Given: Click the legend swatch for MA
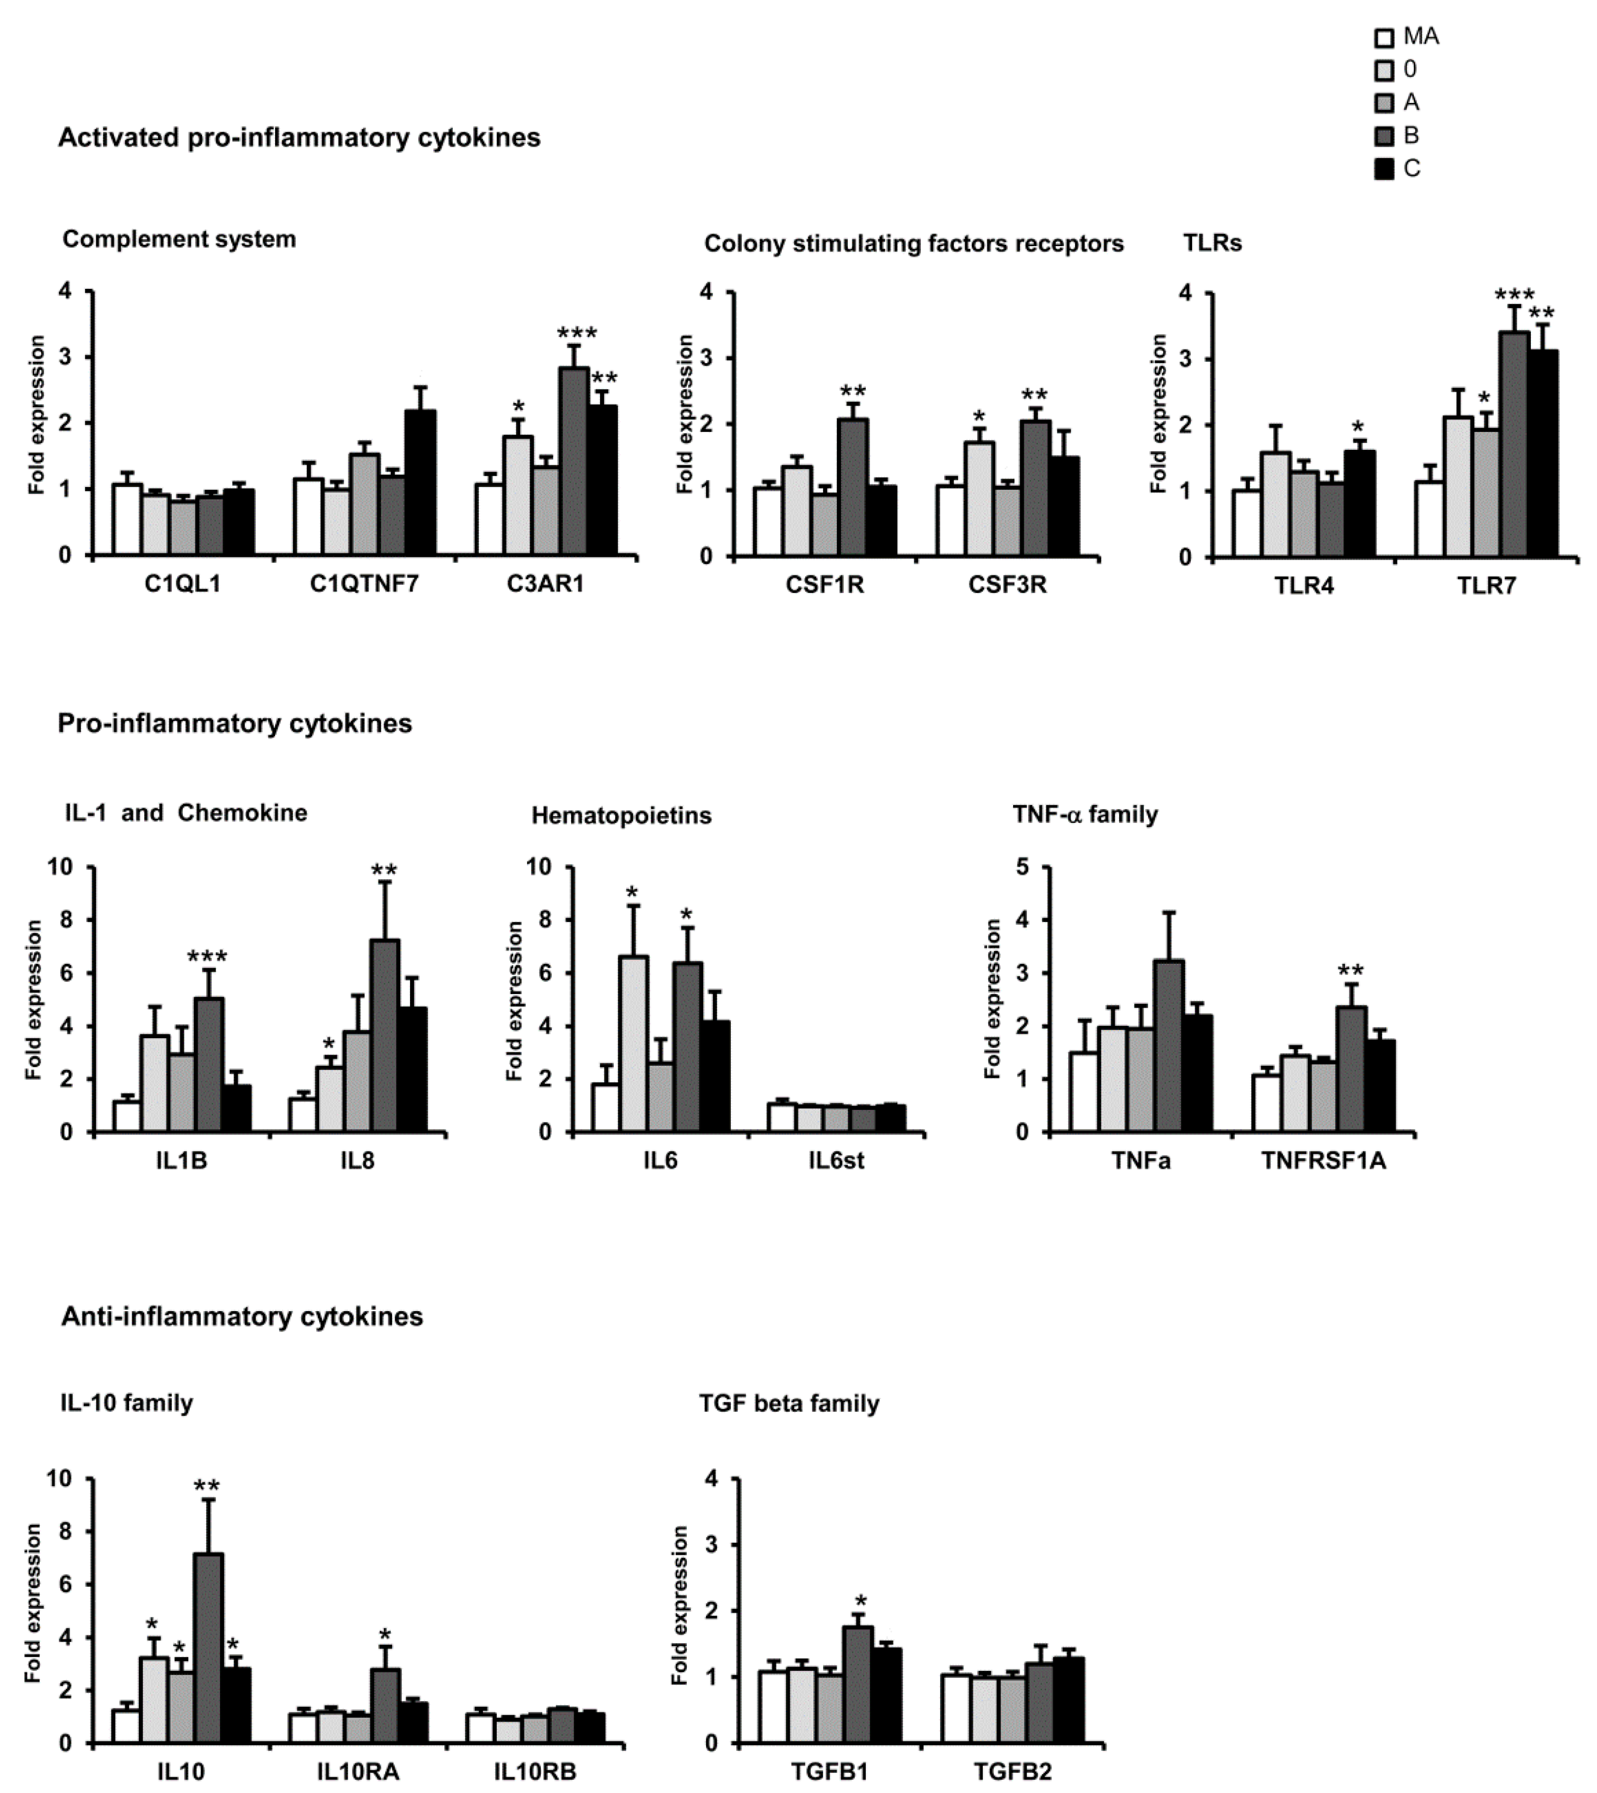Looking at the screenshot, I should coord(1384,38).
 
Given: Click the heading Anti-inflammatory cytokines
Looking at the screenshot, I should coord(242,1316).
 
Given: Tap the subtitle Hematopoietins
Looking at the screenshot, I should coord(621,815).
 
